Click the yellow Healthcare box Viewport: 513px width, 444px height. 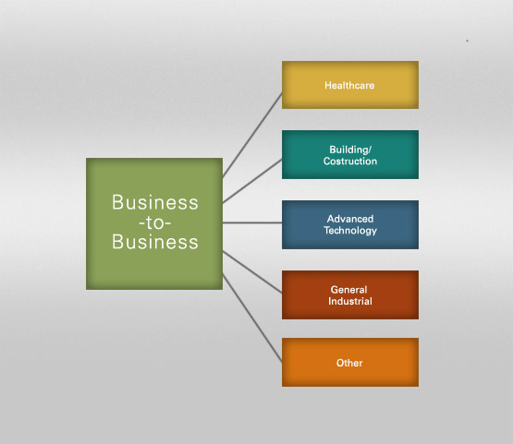pyautogui.click(x=350, y=85)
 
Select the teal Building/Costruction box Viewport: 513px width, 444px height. pyautogui.click(x=350, y=154)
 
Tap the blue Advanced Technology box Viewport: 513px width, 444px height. pyautogui.click(x=350, y=225)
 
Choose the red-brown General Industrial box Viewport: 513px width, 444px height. pyautogui.click(x=350, y=294)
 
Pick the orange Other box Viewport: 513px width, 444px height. pyautogui.click(x=350, y=363)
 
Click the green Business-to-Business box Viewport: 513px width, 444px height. pyautogui.click(x=154, y=223)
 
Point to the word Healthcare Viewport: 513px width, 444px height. pyautogui.click(x=349, y=85)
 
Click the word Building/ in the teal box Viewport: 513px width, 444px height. pyautogui.click(x=350, y=150)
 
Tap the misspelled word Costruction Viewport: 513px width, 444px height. pyautogui.click(x=350, y=161)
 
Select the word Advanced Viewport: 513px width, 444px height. pyautogui.click(x=350, y=219)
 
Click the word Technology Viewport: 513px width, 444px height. pyautogui.click(x=350, y=231)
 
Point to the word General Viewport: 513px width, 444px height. pyautogui.click(x=348, y=290)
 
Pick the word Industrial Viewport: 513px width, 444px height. pyautogui.click(x=350, y=301)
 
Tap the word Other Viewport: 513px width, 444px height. pyautogui.click(x=349, y=363)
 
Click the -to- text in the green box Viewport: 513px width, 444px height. pyautogui.click(x=154, y=223)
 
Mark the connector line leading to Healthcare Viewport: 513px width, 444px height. pyautogui.click(x=252, y=135)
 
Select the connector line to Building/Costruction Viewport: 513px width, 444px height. pyautogui.click(x=252, y=181)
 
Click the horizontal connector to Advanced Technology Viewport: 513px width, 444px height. pyautogui.click(x=252, y=222)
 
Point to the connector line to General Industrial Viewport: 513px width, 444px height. pyautogui.click(x=252, y=271)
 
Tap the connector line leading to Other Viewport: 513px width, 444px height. pyautogui.click(x=252, y=318)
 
